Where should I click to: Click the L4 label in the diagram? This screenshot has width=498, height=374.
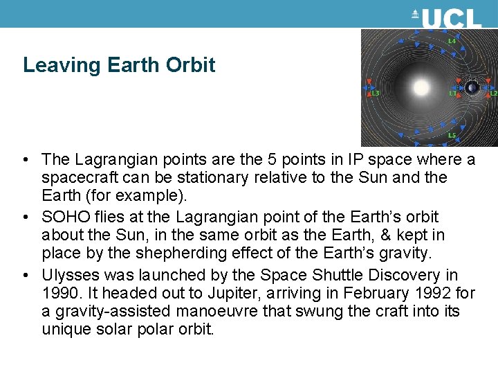click(452, 41)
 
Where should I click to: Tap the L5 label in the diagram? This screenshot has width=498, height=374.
click(452, 135)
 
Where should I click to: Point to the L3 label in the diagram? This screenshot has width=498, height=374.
click(376, 92)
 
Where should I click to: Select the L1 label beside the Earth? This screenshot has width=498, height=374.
click(452, 92)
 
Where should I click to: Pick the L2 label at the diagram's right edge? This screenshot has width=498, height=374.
click(493, 92)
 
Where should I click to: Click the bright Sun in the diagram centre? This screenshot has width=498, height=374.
click(421, 88)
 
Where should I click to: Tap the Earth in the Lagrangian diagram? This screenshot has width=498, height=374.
click(472, 88)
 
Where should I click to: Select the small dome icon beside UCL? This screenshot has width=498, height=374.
click(416, 14)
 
